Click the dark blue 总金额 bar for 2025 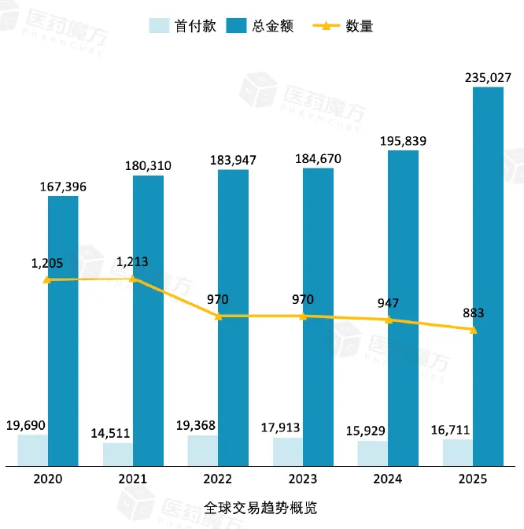pos(488,276)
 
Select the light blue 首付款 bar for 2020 pos(32,449)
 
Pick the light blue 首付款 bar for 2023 pos(288,451)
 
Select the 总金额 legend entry pos(259,26)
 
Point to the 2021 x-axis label pos(133,479)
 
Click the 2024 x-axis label pos(388,479)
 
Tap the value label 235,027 pos(488,77)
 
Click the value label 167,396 pos(63,186)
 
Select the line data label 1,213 pos(132,261)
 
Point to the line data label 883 pos(474,313)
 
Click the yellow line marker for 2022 pos(218,316)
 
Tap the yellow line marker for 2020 pos(47,279)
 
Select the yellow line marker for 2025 pos(473,330)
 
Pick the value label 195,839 pos(403,141)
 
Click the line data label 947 pos(389,302)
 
